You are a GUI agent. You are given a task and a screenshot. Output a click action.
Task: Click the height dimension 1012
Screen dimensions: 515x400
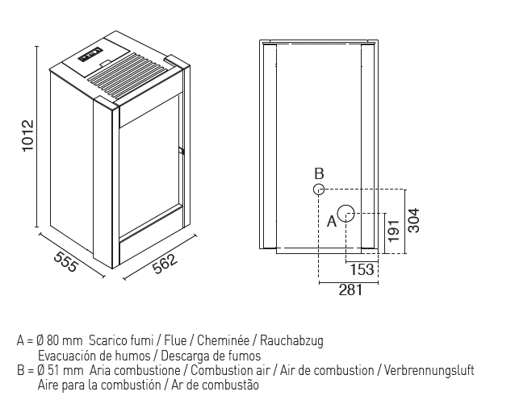[x=28, y=135]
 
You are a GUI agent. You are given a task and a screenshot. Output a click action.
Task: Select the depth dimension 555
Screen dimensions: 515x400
[x=65, y=261]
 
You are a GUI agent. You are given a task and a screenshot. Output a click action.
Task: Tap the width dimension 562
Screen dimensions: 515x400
[x=165, y=264]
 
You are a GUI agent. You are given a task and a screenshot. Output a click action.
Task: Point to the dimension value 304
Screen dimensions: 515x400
[x=413, y=220]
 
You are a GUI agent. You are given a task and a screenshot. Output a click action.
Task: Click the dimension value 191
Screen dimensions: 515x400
[x=393, y=231]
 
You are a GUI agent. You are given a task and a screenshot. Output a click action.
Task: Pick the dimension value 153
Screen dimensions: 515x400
[x=362, y=269]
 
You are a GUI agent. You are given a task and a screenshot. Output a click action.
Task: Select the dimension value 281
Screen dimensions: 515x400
[x=350, y=290]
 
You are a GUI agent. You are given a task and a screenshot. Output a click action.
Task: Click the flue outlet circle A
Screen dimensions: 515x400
[x=345, y=213]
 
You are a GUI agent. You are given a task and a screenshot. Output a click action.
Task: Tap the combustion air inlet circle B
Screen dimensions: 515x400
[x=319, y=190]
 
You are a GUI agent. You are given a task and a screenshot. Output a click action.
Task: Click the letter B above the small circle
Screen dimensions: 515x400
[x=319, y=173]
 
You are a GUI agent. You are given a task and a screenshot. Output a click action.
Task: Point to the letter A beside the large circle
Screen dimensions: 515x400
[x=332, y=221]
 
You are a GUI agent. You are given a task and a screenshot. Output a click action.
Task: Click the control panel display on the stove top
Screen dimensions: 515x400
[x=90, y=55]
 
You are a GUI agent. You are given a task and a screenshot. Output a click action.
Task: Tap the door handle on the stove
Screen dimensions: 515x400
[x=181, y=151]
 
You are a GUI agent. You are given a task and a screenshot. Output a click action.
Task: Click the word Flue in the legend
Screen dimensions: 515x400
[x=175, y=340]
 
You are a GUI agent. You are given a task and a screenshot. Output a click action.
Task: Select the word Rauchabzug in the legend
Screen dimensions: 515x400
[x=291, y=341]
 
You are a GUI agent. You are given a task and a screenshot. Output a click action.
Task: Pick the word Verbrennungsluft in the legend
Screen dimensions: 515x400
[x=429, y=370]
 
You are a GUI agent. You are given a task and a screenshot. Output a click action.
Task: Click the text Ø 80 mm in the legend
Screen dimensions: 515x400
[x=60, y=340]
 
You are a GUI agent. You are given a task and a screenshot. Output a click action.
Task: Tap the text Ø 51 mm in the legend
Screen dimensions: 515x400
[x=61, y=370]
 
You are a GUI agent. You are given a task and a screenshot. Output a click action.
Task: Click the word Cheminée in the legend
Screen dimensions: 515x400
[x=223, y=340]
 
